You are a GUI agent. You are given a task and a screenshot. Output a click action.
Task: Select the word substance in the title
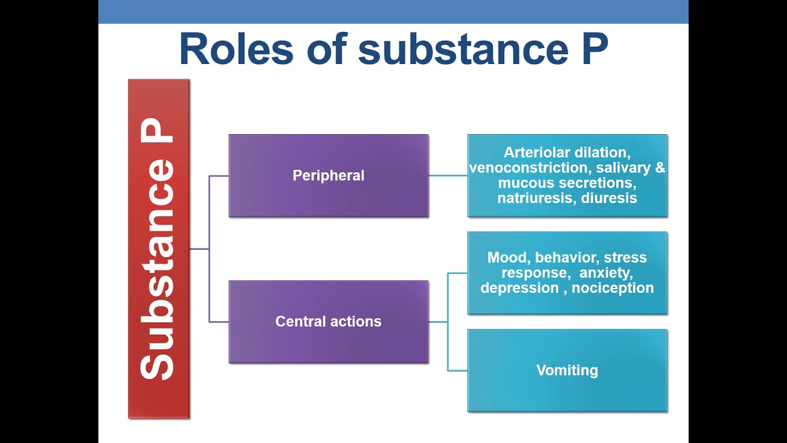click(462, 49)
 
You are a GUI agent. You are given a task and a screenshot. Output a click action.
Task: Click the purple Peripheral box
click(328, 176)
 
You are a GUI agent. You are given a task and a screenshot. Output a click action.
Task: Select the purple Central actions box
click(328, 322)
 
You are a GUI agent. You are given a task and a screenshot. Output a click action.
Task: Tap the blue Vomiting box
click(567, 370)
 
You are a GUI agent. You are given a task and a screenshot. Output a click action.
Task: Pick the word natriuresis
click(537, 198)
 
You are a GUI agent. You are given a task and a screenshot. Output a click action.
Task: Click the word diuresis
click(609, 198)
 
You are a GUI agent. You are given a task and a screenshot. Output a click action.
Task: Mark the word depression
click(519, 288)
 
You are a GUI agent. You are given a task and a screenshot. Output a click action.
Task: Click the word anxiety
click(605, 273)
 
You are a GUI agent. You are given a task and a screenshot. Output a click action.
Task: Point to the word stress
click(625, 258)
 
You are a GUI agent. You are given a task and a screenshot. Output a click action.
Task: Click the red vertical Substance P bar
click(159, 249)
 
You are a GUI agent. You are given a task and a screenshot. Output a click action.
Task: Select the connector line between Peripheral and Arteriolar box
click(448, 176)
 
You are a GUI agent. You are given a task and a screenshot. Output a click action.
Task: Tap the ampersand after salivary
click(660, 168)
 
